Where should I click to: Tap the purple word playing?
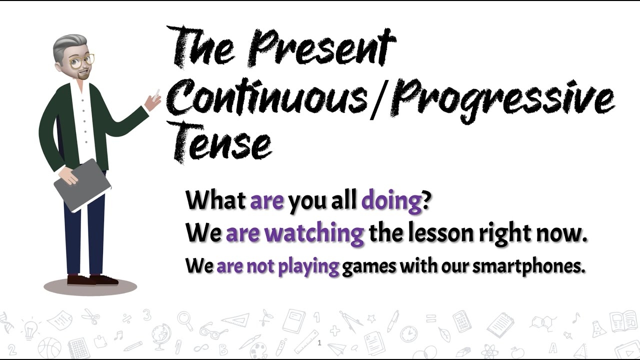[308, 266]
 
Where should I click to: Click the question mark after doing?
[426, 201]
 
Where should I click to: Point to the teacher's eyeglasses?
[81, 61]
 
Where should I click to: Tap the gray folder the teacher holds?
[82, 184]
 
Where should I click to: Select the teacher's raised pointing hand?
[152, 101]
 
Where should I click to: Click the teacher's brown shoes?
[93, 280]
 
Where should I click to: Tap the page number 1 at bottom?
[319, 343]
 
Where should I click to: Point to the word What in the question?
[215, 201]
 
